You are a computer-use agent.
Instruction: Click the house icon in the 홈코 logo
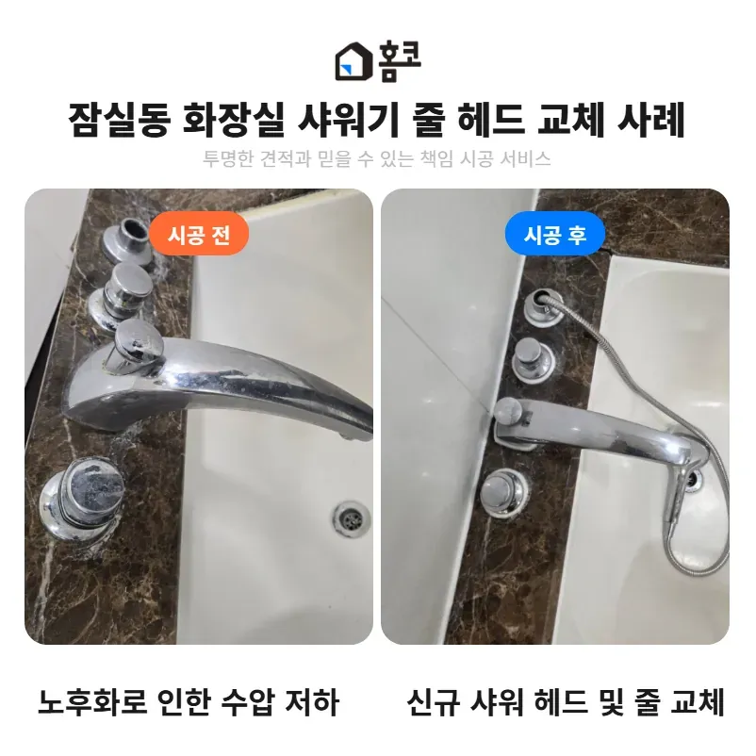[353, 61]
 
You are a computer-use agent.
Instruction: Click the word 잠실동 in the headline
[120, 120]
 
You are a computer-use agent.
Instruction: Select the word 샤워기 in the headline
[348, 120]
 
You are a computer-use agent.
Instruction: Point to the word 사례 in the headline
[650, 120]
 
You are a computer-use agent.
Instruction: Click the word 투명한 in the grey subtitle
[227, 158]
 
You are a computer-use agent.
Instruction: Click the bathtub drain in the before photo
[351, 518]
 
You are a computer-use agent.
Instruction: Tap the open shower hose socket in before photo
[128, 239]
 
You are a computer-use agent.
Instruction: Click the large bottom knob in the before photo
[81, 499]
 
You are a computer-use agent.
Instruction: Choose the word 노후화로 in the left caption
[92, 702]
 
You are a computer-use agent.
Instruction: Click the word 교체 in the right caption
[698, 702]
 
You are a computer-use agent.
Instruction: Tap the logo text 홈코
[400, 61]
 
